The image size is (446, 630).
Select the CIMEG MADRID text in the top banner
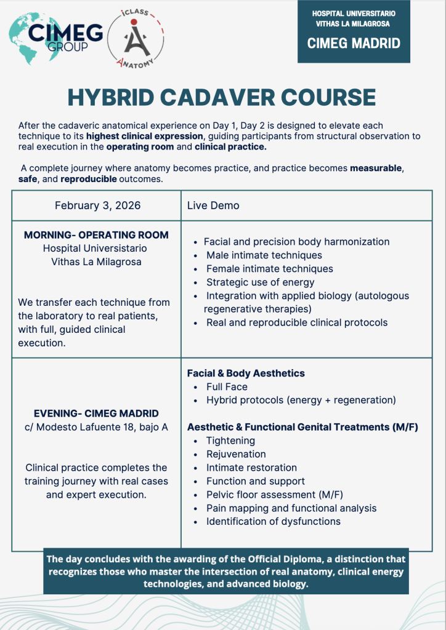[354, 44]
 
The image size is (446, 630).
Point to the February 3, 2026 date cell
[97, 205]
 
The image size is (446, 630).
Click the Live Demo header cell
[213, 205]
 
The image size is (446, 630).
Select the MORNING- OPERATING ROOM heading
[96, 235]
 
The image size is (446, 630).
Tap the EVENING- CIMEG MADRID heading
[96, 413]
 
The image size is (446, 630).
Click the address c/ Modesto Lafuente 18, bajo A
[96, 427]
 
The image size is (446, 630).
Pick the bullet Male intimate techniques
[264, 255]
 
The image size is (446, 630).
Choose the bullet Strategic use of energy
[260, 282]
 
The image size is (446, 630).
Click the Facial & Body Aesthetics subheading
[246, 373]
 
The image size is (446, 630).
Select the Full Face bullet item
[227, 387]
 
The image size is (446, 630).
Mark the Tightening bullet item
[230, 441]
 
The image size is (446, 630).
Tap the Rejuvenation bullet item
[236, 454]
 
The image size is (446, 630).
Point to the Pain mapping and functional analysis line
[291, 508]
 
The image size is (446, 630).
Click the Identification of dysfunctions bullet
[273, 522]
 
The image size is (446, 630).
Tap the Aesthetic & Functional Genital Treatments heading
[302, 427]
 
